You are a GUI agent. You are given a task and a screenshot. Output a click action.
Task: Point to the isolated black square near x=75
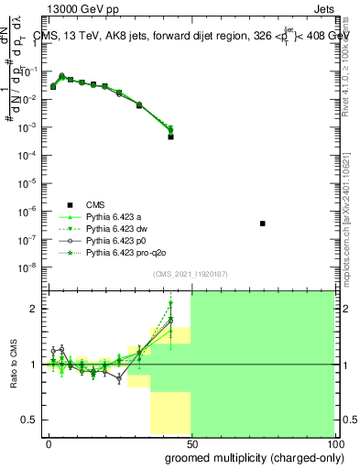[x=263, y=224]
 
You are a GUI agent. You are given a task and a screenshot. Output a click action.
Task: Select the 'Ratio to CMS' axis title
[x=16, y=365]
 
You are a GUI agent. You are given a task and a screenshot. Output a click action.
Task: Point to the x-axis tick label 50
[x=191, y=442]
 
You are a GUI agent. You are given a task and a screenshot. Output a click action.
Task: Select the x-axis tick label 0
[x=49, y=442]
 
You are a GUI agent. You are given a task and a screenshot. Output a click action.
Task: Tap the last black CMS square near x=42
[x=171, y=136]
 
